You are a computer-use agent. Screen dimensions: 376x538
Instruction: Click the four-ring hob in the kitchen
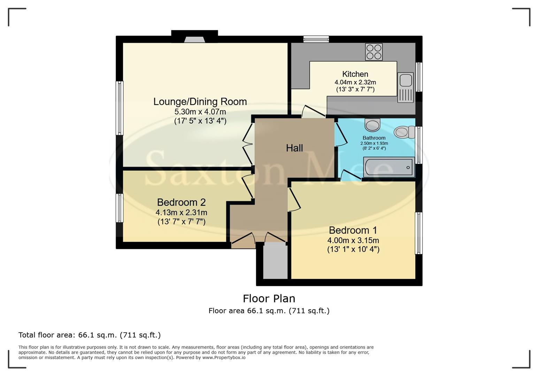pos(374,52)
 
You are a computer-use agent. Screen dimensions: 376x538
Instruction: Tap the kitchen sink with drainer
pos(405,87)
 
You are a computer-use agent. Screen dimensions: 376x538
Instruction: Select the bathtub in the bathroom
pos(389,167)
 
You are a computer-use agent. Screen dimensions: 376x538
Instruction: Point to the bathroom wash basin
pos(372,125)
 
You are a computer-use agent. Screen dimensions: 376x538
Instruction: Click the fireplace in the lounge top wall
pos(194,40)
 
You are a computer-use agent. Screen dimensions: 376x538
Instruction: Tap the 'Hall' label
pos(294,148)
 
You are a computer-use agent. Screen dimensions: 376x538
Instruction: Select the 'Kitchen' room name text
pos(355,74)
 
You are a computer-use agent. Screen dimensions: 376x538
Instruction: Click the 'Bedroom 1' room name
pos(353,230)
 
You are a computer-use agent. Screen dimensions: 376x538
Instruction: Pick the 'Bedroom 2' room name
pos(181,202)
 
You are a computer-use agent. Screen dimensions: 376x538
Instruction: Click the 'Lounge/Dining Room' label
pos(200,102)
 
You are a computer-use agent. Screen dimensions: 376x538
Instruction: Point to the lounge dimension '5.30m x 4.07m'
pos(200,112)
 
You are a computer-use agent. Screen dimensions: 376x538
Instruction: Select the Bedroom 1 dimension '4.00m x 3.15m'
pos(353,241)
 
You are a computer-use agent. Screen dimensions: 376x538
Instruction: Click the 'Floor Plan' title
pos(269,299)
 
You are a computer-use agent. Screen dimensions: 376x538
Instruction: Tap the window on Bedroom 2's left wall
pos(120,208)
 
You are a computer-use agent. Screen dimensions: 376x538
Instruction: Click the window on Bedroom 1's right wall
pos(419,233)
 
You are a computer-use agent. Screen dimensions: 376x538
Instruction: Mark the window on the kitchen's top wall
pos(316,39)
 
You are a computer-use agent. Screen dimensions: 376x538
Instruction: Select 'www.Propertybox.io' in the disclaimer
pos(224,358)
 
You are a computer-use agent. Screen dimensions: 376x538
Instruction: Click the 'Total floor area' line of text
pos(90,335)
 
